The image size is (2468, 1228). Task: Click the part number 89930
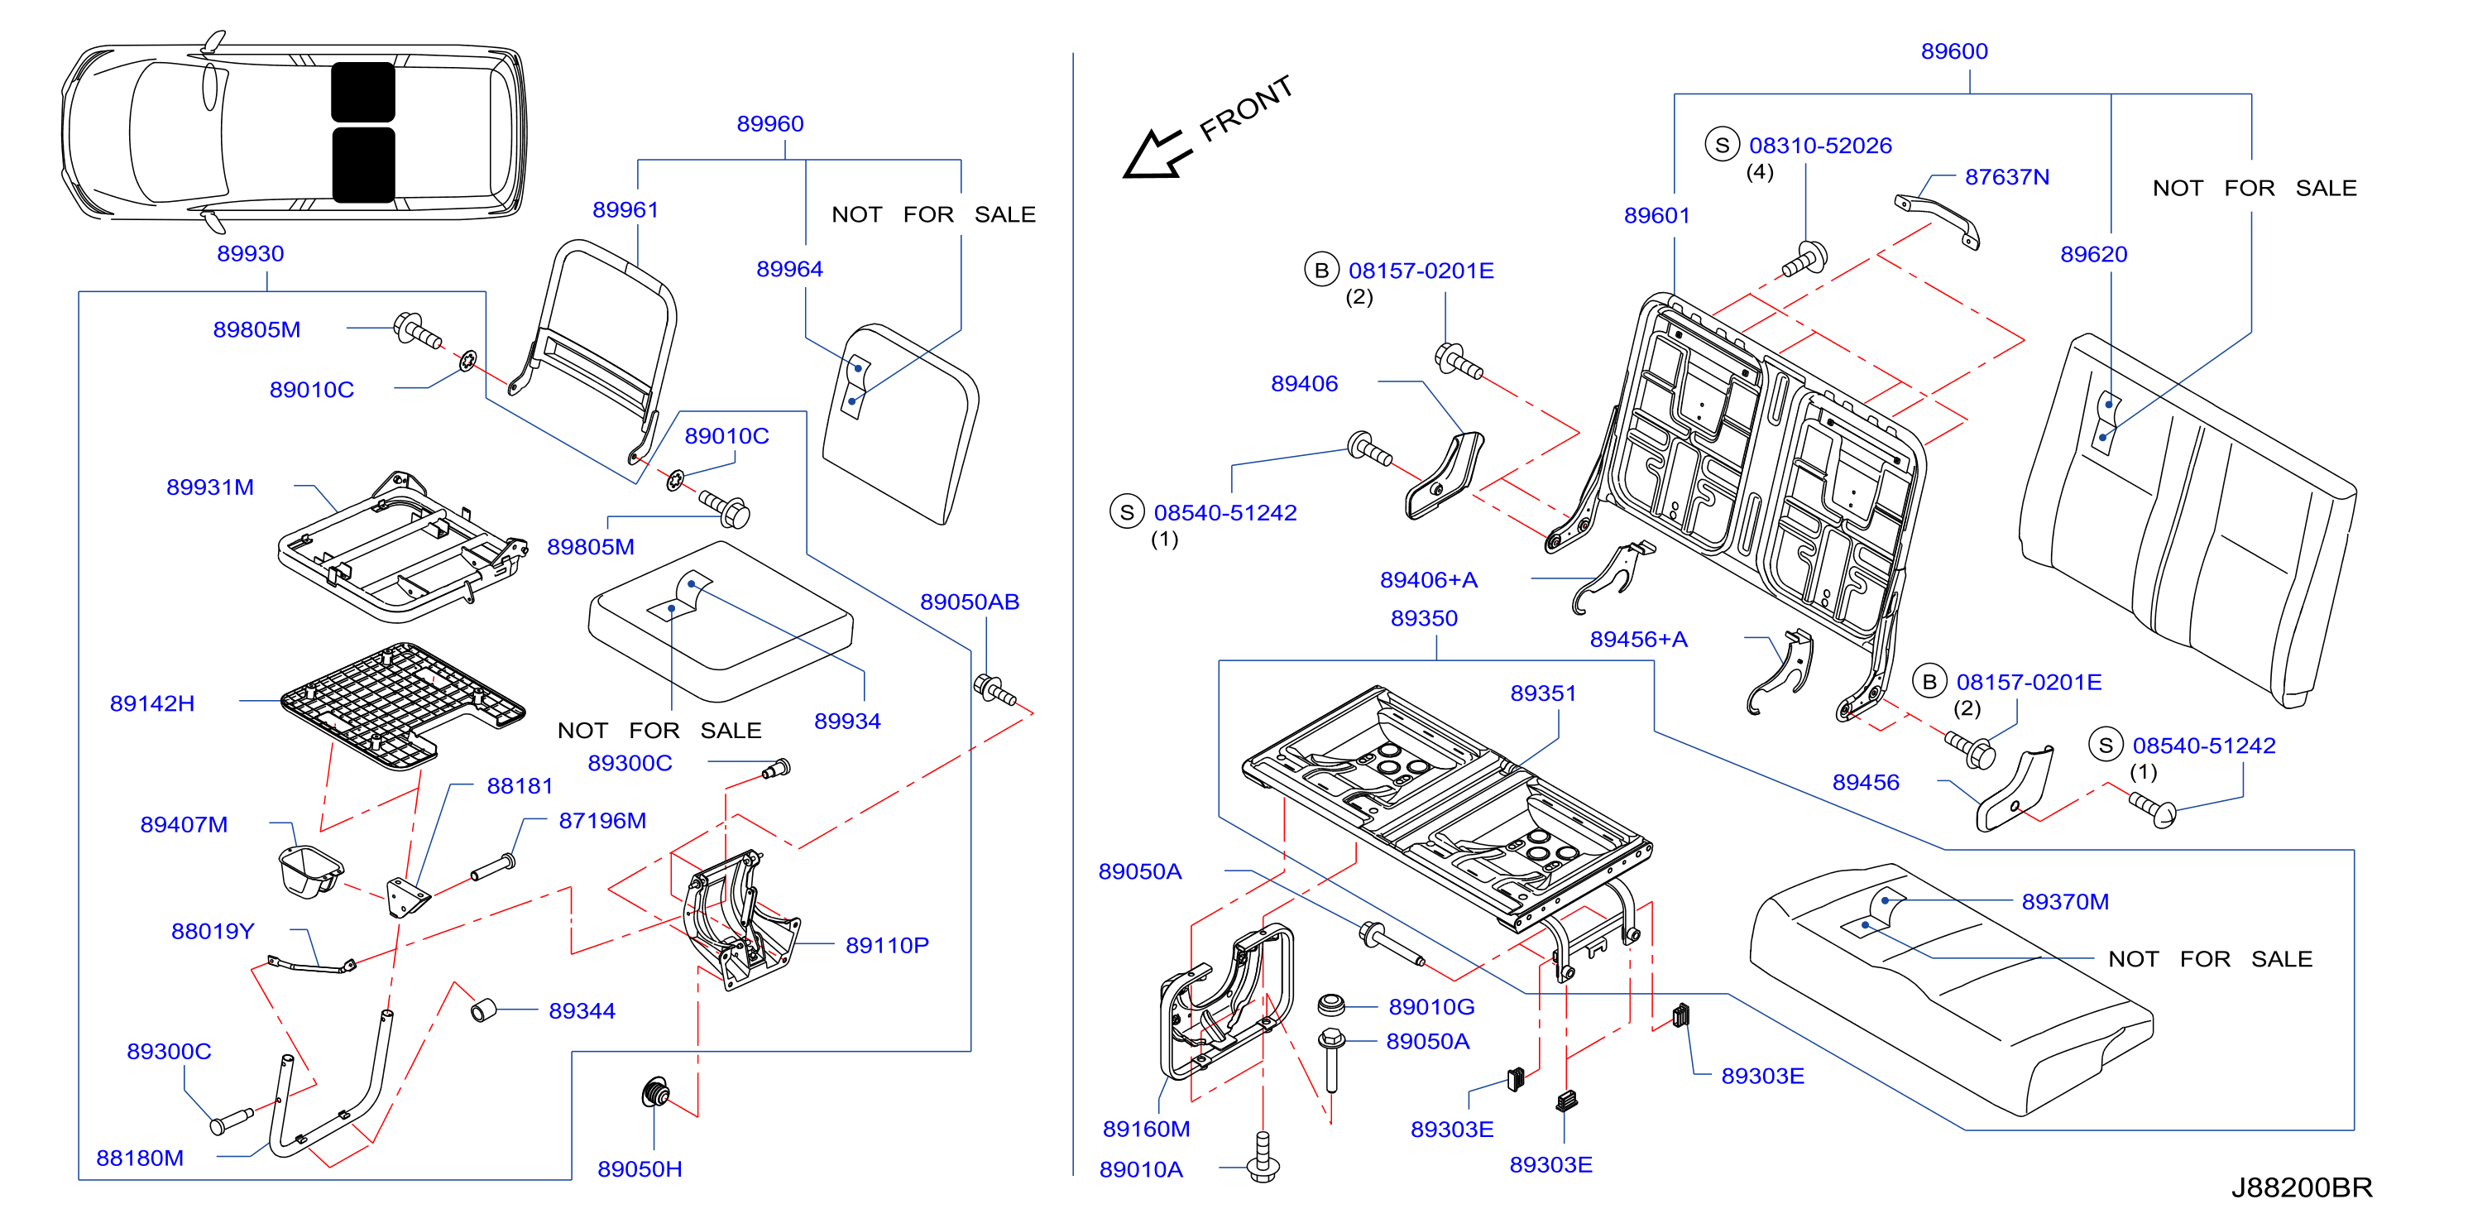tap(250, 254)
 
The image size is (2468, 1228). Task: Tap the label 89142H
tap(152, 704)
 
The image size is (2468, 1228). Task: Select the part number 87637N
tap(2007, 177)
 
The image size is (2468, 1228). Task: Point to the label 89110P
tap(887, 946)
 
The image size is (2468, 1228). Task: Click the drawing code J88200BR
tap(2302, 1187)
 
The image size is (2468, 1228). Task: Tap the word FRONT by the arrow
tap(1247, 108)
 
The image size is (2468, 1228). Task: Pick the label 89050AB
tap(970, 602)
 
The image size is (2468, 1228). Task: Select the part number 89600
tap(1954, 52)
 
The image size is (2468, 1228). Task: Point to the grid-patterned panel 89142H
tap(402, 704)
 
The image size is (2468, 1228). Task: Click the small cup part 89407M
tap(309, 871)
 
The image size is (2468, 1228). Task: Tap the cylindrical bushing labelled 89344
tap(484, 1010)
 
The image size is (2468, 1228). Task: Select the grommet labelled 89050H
tap(655, 1093)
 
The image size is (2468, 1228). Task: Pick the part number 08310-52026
tap(1820, 146)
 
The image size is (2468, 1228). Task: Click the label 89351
tap(1544, 693)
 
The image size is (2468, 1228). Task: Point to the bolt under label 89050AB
tap(994, 689)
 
